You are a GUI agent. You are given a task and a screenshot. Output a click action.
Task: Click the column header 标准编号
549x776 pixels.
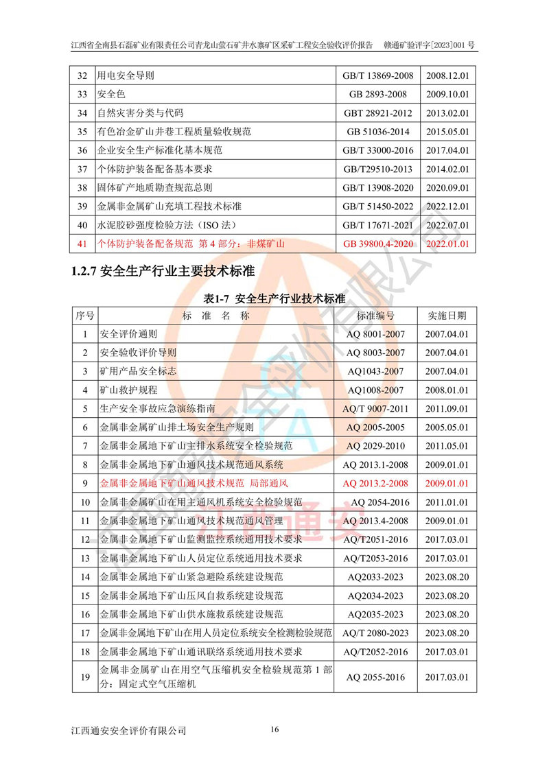click(375, 316)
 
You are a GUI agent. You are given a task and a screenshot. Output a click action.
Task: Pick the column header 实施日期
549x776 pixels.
click(447, 316)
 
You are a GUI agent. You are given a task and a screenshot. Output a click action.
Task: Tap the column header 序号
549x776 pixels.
click(85, 316)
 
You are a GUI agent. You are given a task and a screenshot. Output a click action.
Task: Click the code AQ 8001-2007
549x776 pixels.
click(375, 334)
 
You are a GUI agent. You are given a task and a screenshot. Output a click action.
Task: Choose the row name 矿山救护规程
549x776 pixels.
click(129, 390)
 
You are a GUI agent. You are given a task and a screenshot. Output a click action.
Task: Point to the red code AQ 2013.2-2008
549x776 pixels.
click(375, 484)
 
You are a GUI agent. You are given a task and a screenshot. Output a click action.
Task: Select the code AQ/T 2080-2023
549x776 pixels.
click(375, 633)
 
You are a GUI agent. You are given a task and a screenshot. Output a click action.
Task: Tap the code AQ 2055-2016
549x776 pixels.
click(375, 677)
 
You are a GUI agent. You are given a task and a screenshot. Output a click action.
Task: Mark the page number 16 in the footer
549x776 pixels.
click(274, 729)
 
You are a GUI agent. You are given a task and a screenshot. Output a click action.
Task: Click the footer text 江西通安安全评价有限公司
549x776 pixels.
click(128, 731)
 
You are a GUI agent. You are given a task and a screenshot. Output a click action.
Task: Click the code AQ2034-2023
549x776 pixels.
click(375, 596)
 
